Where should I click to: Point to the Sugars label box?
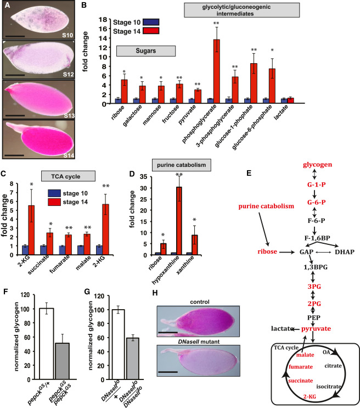(146, 51)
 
